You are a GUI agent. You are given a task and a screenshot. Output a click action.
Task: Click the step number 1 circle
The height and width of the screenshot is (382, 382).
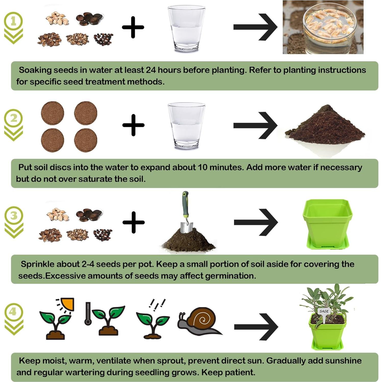14,21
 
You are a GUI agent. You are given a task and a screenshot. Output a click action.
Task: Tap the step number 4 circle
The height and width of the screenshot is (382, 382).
14,312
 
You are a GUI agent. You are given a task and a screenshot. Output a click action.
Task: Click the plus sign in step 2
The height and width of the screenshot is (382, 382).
133,125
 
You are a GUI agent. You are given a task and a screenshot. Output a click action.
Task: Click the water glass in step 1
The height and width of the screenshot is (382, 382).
186,29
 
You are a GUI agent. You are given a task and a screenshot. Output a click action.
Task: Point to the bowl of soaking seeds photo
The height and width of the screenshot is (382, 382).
323,27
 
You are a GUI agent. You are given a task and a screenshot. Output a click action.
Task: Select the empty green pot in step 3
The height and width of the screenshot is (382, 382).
327,223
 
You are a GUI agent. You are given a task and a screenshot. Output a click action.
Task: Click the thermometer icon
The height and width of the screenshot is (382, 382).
88,314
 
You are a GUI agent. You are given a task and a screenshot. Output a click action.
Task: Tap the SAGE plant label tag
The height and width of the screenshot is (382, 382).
324,311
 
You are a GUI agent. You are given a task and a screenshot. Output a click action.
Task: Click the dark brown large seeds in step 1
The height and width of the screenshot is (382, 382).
90,19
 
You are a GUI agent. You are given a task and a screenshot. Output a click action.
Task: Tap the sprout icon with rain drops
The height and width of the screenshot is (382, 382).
152,322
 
